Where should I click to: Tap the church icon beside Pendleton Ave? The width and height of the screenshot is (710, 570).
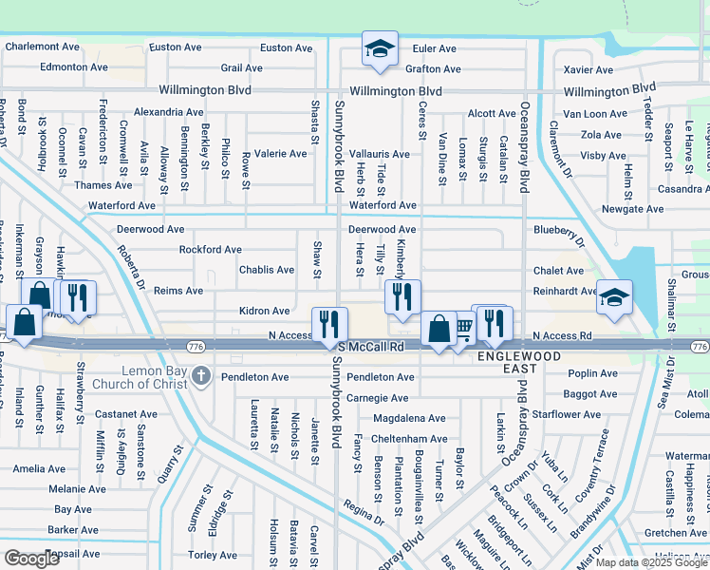200,377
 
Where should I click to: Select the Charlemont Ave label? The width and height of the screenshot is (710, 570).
42,46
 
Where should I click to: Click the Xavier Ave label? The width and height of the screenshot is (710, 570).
588,69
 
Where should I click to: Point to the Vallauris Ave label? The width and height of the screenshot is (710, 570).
379,154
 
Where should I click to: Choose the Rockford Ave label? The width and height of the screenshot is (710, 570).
210,250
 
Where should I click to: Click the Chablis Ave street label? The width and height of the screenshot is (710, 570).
267,270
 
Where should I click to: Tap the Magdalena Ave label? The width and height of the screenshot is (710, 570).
409,418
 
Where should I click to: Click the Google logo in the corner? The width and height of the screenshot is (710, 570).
31,559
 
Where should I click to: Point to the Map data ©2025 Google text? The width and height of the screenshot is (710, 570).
651,562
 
